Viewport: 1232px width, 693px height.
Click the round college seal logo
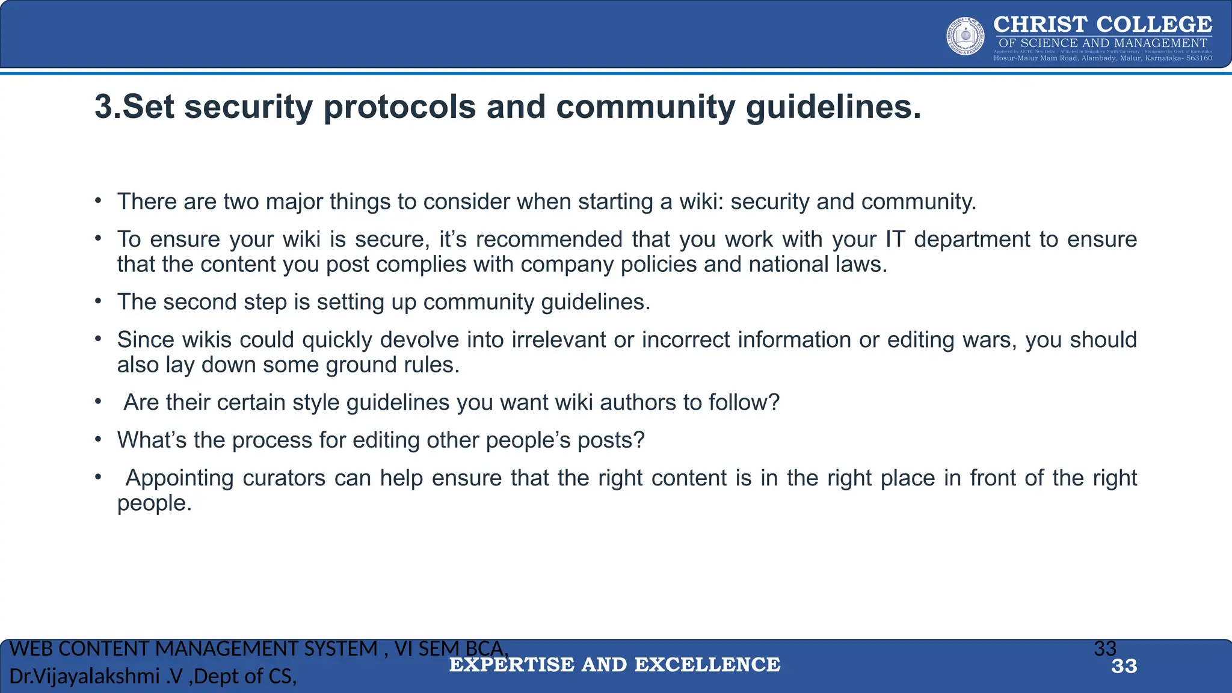966,36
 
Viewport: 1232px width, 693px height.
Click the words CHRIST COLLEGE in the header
1103,24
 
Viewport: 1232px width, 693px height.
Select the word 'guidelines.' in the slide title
833,107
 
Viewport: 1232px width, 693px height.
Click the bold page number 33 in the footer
1124,667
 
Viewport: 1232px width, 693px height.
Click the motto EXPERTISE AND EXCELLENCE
615,665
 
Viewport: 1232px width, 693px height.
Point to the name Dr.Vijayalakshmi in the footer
84,677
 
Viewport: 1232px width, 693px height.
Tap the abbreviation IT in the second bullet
895,239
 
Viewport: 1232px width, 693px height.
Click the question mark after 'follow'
774,402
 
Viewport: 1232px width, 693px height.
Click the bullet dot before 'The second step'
97,301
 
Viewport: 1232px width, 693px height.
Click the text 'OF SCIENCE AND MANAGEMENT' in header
1103,43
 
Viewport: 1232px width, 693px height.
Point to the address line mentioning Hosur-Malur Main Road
1103,58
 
